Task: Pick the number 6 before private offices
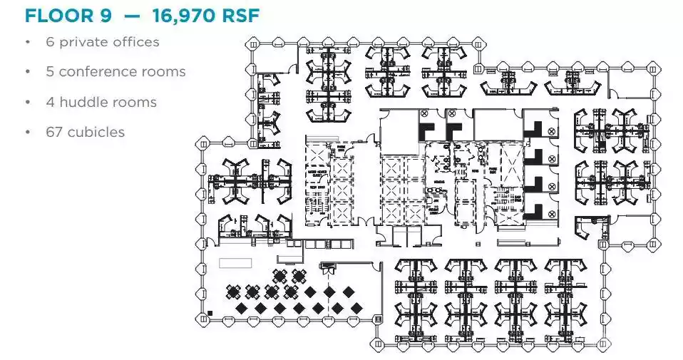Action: pos(50,42)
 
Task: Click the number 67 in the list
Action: pos(54,132)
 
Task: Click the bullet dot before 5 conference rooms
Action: pos(28,72)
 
